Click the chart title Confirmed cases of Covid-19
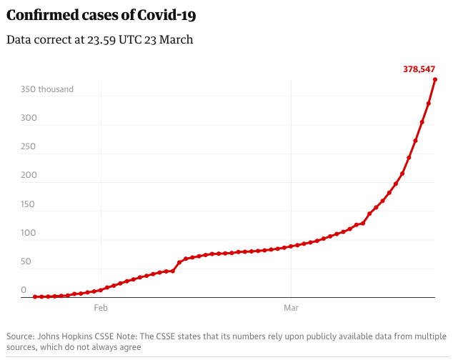point(101,15)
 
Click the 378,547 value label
point(420,69)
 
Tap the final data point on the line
point(435,79)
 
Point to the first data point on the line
point(35,296)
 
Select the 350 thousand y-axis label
point(47,89)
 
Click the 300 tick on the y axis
point(29,119)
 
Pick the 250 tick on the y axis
point(29,147)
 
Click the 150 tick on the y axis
point(29,205)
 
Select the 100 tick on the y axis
point(29,234)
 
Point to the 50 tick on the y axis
point(26,262)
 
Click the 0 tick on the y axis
point(24,291)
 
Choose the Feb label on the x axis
point(101,308)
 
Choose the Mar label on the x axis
point(292,308)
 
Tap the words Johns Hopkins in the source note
point(71,336)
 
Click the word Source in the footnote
point(20,336)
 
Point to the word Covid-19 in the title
point(169,15)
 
